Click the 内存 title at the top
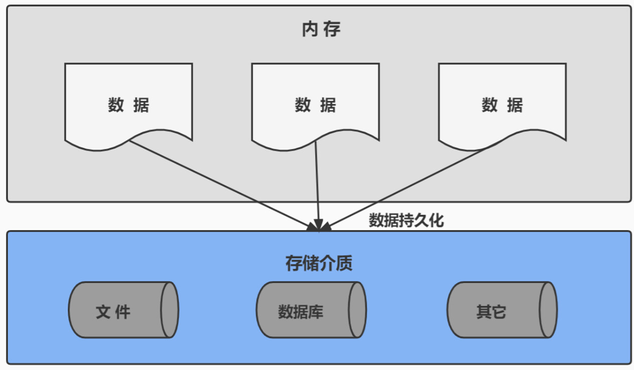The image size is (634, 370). point(321,30)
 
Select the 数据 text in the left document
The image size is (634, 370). point(128,105)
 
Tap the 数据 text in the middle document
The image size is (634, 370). point(315,105)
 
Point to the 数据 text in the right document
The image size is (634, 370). point(502,105)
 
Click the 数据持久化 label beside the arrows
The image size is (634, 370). point(406,220)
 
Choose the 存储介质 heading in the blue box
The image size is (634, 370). point(319,263)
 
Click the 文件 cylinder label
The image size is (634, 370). point(113,312)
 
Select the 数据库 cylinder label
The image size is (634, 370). point(300,312)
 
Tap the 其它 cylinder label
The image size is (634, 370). point(491,312)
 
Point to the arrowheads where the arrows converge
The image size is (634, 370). point(319,226)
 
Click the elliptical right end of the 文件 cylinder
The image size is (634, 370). point(170,310)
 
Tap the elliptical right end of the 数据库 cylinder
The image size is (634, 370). point(357,310)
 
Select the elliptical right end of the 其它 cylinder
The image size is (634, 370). point(548,310)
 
